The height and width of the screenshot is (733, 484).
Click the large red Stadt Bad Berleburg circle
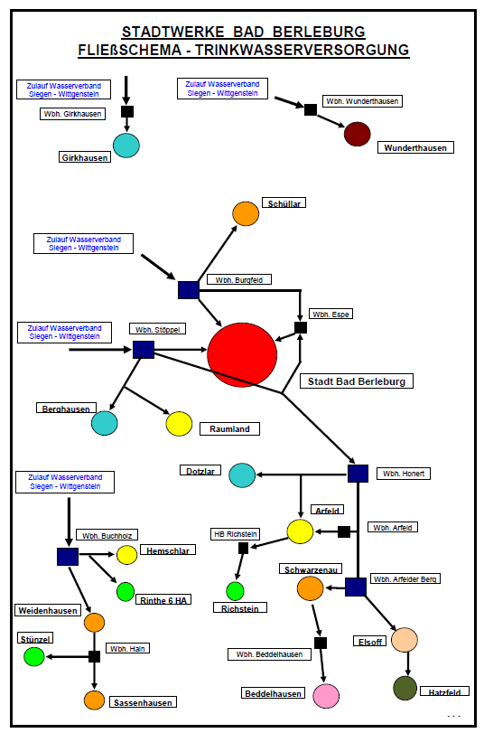(x=242, y=355)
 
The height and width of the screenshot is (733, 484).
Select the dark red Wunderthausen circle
(x=358, y=134)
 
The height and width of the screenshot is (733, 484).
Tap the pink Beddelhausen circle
(x=326, y=696)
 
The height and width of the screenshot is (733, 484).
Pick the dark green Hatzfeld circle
(x=405, y=688)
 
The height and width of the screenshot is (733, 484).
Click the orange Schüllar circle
(x=246, y=213)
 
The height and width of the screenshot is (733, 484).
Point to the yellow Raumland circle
(x=180, y=424)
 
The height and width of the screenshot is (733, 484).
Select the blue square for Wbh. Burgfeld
(x=189, y=290)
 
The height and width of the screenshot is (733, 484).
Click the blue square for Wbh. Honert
(x=358, y=474)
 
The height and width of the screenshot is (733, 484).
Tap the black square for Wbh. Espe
(x=301, y=327)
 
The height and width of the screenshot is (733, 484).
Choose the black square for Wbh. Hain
(x=95, y=656)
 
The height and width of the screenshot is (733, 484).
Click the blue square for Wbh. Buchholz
(x=68, y=556)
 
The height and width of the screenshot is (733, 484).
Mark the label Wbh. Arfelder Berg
(x=405, y=578)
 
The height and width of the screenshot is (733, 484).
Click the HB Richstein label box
(x=236, y=534)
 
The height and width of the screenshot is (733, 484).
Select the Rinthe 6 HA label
(x=163, y=600)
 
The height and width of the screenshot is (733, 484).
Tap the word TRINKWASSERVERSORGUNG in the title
(x=302, y=50)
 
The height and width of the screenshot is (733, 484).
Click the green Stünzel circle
(x=34, y=656)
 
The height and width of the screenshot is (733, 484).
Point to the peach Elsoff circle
(x=405, y=640)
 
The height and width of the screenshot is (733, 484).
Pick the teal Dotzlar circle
(x=242, y=475)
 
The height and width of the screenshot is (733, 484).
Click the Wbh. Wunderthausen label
(x=362, y=101)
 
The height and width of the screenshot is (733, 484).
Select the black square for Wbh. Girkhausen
(x=127, y=111)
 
